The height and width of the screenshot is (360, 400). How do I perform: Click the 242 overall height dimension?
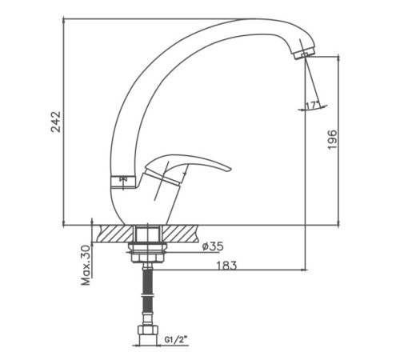56,122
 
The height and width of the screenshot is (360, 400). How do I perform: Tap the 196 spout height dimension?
332,140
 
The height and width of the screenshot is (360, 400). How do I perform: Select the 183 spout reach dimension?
226,266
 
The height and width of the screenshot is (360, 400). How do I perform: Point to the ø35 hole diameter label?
213,246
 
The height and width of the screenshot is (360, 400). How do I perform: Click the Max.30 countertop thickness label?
86,265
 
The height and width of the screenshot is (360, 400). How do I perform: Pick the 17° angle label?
313,106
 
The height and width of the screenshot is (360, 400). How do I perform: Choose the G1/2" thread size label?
176,339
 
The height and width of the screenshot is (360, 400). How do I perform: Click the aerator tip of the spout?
304,55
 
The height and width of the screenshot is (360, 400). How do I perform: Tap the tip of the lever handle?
230,169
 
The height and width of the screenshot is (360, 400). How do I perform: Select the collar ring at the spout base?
124,182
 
